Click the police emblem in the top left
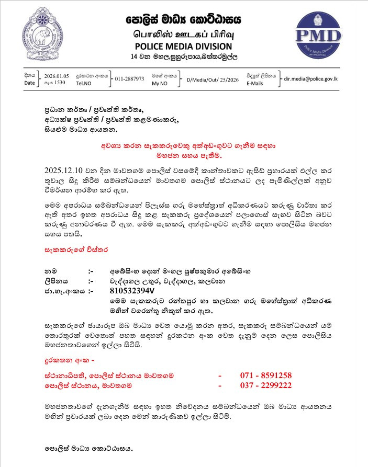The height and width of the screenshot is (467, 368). point(44,34)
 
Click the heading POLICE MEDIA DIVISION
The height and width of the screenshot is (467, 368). point(184,46)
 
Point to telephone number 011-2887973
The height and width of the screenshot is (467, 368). point(130,79)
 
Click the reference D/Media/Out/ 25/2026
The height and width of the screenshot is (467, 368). point(210,79)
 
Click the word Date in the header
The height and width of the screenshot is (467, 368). point(29,83)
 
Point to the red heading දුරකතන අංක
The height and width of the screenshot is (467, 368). point(68,361)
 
